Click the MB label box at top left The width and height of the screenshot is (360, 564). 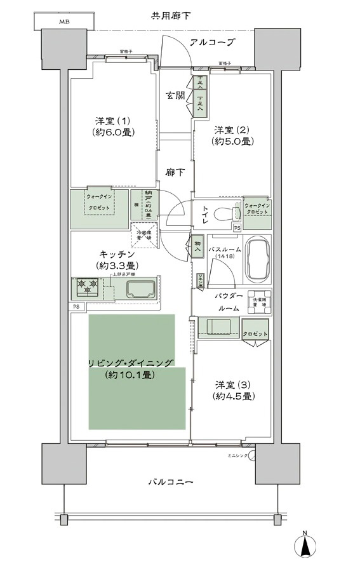point(64,22)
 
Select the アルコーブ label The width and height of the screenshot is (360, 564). point(212,43)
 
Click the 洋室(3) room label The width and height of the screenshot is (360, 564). point(234,391)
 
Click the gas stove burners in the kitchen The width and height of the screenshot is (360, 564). point(86,286)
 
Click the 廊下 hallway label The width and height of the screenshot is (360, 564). point(175,171)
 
